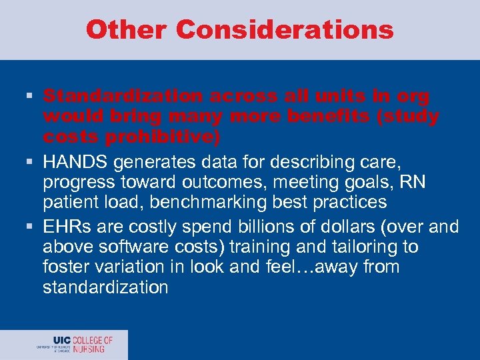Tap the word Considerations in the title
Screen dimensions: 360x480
[x=285, y=30]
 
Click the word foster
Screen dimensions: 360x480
[x=63, y=267]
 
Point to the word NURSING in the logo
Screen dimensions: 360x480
[x=89, y=348]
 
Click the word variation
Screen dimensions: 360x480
[x=129, y=267]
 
